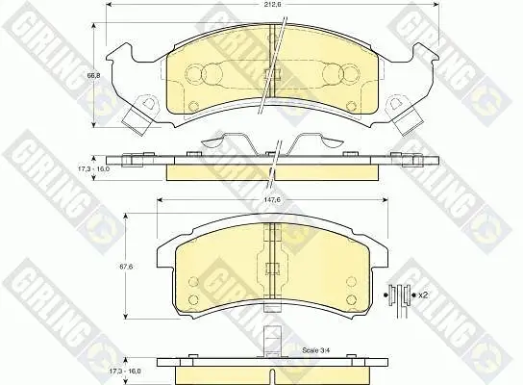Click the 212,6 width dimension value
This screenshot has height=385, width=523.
272,5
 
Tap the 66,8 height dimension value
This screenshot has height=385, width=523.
93,76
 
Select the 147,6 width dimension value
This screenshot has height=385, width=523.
273,199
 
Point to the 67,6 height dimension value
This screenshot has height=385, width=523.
126,267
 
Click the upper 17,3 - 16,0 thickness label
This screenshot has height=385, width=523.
93,169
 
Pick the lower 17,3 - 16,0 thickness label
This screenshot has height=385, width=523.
125,371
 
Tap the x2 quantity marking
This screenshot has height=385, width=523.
423,295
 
